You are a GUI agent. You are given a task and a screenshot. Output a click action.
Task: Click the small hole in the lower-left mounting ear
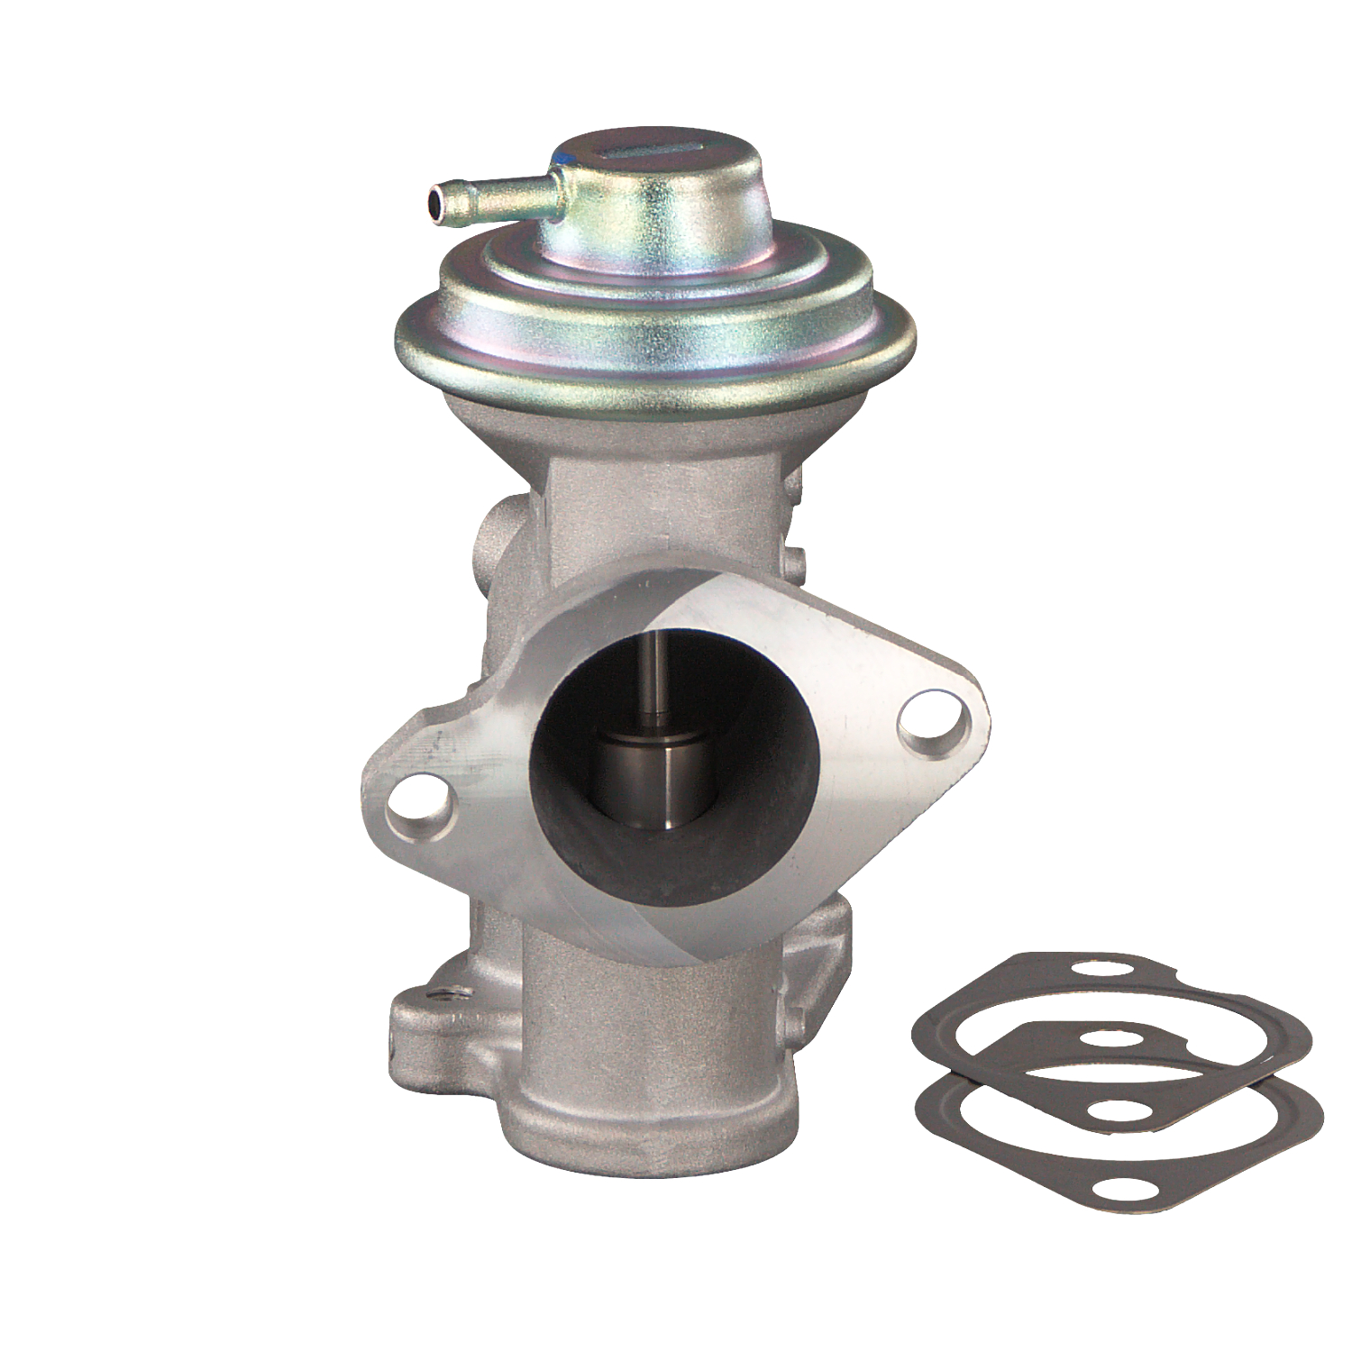click(x=442, y=996)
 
